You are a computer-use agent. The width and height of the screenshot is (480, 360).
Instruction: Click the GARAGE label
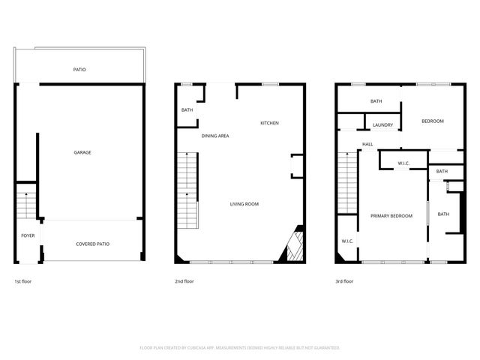pyautogui.click(x=82, y=152)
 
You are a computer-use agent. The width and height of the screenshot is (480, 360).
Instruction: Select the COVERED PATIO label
pyautogui.click(x=93, y=244)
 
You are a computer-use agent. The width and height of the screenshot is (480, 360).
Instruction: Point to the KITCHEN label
pyautogui.click(x=269, y=123)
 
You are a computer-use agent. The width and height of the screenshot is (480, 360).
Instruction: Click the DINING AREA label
pyautogui.click(x=215, y=136)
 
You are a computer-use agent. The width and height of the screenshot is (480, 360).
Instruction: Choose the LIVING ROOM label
pyautogui.click(x=244, y=204)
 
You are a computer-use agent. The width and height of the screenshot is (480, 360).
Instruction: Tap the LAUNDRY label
pyautogui.click(x=383, y=125)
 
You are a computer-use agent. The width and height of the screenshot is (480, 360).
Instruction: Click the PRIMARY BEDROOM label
pyautogui.click(x=391, y=216)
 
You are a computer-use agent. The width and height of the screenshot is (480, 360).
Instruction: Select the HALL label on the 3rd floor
pyautogui.click(x=367, y=144)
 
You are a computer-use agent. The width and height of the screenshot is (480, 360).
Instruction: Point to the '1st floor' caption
pyautogui.click(x=22, y=281)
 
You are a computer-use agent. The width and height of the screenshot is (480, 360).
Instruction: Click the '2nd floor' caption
pyautogui.click(x=184, y=281)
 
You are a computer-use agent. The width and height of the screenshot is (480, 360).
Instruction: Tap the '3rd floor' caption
pyautogui.click(x=344, y=281)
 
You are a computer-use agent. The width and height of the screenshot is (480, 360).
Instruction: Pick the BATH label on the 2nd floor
pyautogui.click(x=187, y=111)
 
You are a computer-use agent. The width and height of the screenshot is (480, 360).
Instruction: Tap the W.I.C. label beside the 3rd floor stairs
pyautogui.click(x=347, y=241)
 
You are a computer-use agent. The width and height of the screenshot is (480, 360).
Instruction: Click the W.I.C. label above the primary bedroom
pyautogui.click(x=403, y=163)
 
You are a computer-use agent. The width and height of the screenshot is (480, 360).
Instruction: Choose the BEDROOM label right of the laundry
pyautogui.click(x=432, y=121)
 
